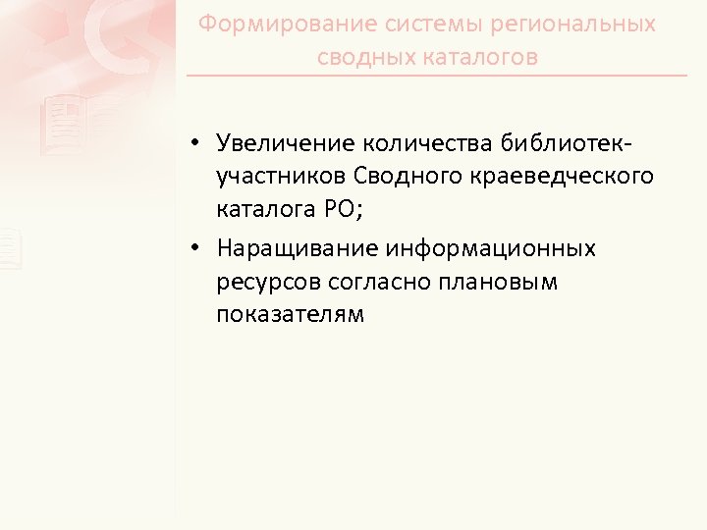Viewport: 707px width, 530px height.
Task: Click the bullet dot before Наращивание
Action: pos(197,249)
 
